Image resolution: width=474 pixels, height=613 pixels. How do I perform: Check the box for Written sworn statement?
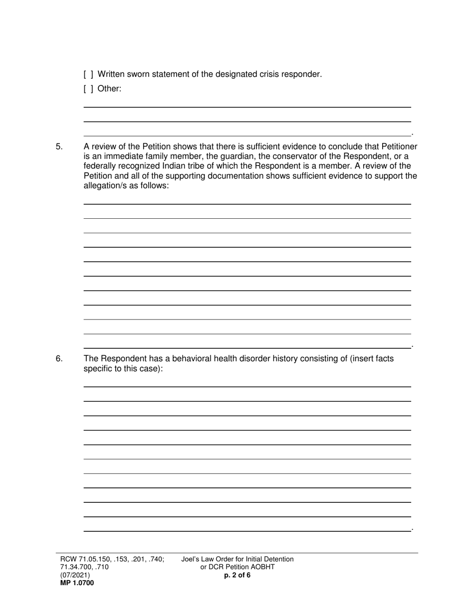click(x=88, y=75)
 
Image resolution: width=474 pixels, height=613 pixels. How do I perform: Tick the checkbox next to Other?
click(x=88, y=89)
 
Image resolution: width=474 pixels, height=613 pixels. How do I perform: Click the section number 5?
click(x=59, y=147)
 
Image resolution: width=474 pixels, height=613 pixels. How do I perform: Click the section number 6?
click(x=59, y=359)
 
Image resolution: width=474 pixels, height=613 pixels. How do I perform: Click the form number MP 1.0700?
click(x=77, y=583)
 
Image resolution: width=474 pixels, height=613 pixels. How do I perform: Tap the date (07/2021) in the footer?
click(x=75, y=575)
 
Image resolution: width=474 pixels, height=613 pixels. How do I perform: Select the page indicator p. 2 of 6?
click(x=237, y=575)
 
